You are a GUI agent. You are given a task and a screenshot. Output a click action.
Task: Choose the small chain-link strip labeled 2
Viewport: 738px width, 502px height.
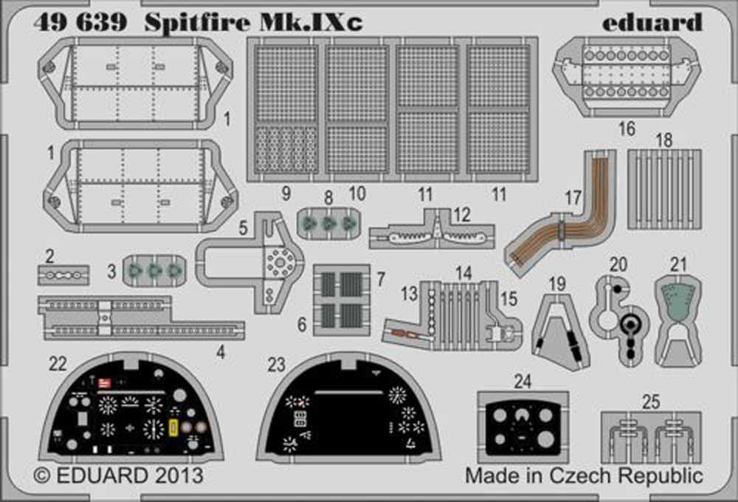[63, 274]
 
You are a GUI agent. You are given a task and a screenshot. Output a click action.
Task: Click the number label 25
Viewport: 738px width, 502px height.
[651, 402]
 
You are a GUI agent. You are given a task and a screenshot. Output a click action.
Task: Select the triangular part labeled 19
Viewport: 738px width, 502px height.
[560, 329]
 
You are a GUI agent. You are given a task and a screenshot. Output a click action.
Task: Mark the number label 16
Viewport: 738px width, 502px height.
[627, 129]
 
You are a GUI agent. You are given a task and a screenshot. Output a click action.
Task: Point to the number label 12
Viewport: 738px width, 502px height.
[462, 214]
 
